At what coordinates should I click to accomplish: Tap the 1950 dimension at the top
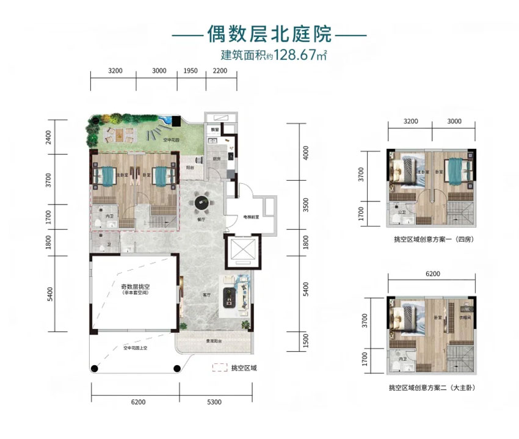tap(191, 71)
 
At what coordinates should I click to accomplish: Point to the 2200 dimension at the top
tap(220, 71)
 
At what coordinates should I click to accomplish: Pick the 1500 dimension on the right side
tap(306, 339)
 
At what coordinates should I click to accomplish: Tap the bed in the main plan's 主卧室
tap(107, 176)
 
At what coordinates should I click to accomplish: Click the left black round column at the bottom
tap(95, 368)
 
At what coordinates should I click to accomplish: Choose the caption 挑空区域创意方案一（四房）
tap(434, 240)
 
